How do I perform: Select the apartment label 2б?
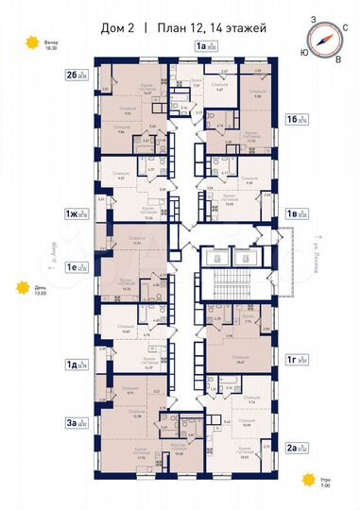pyautogui.click(x=72, y=73)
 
